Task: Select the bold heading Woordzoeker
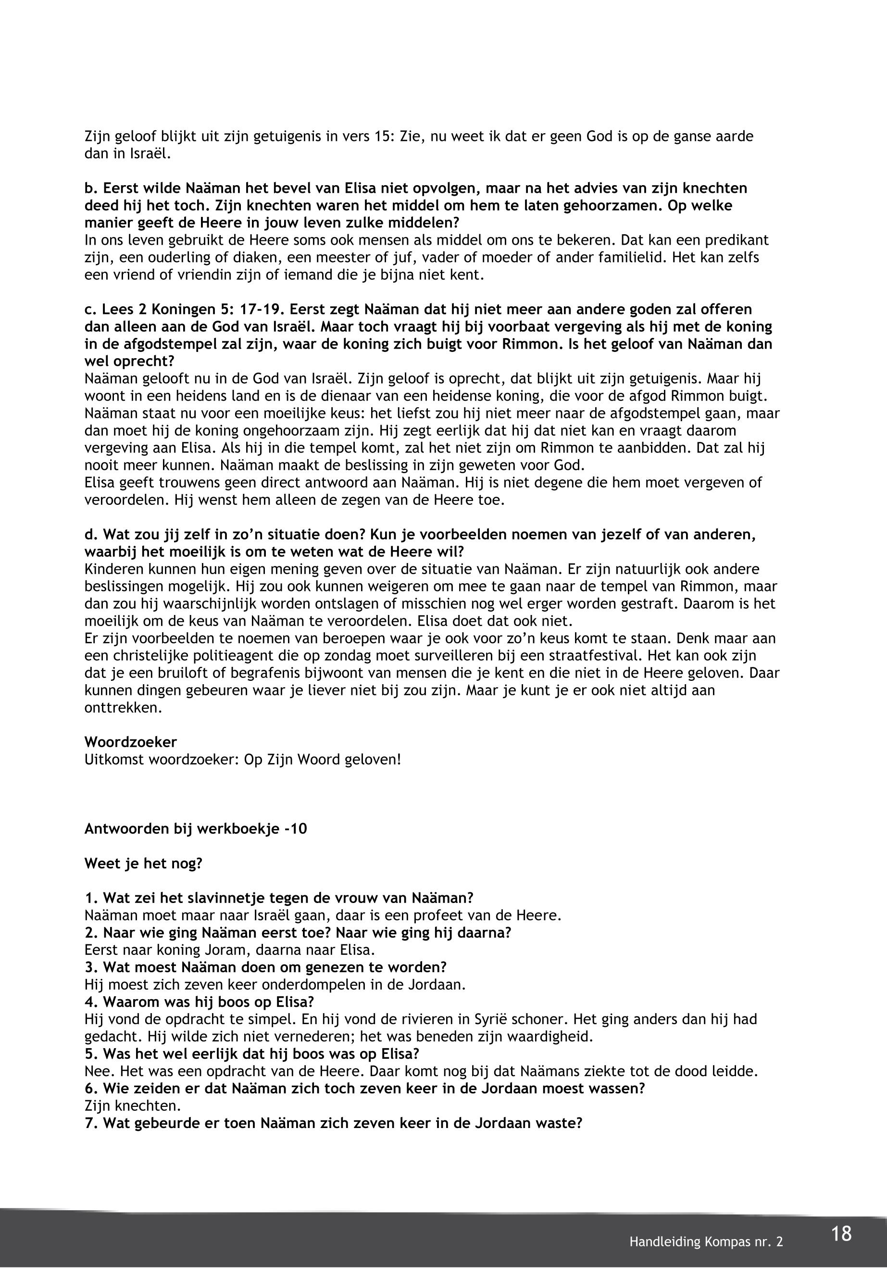point(131,741)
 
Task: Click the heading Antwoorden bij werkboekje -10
point(196,829)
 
